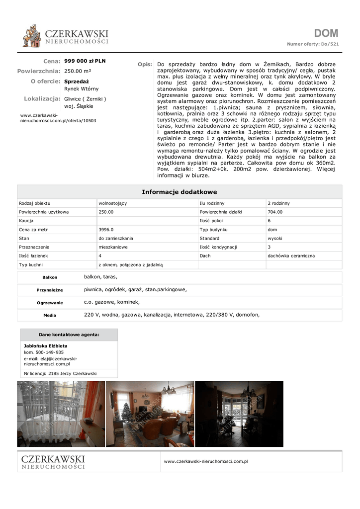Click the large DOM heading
[326, 33]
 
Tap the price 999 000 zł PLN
[85, 61]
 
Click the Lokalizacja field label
[42, 99]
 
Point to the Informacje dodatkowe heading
[180, 192]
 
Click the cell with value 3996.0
[106, 230]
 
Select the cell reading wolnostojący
[113, 203]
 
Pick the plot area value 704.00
[275, 212]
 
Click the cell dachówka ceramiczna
[291, 256]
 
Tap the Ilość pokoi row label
[211, 221]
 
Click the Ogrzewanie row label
[50, 303]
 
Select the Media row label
[50, 315]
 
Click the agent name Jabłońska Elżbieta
[46, 345]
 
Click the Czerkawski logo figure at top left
[32, 36]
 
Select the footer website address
[205, 461]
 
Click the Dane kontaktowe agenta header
[69, 335]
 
